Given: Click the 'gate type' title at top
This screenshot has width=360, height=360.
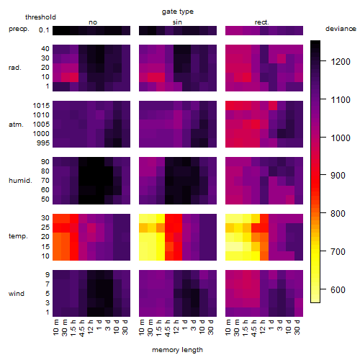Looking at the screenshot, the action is [178, 12].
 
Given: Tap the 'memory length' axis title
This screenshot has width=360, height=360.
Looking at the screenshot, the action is [177, 350].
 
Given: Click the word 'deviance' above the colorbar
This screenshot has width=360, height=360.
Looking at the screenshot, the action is [341, 29].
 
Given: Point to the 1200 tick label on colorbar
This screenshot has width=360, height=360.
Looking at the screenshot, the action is [341, 62].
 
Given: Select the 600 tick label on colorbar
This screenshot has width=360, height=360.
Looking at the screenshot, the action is [338, 290].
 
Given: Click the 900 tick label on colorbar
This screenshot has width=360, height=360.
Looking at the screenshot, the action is [338, 176].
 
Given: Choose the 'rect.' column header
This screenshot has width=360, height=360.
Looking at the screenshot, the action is [262, 22].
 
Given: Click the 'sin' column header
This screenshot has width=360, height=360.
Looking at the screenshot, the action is [177, 22].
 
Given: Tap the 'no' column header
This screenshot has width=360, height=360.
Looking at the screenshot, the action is [93, 22].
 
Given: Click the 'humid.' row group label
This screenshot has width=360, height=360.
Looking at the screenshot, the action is [20, 181].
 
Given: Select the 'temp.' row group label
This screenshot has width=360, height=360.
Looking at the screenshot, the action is [18, 236].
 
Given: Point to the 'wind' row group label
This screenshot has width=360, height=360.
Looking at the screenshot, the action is [17, 294].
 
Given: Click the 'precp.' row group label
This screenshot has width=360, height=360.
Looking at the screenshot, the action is [19, 29].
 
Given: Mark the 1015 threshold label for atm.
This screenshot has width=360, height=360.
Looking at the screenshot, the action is [41, 106].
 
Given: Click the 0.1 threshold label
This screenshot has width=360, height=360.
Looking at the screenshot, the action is [44, 30].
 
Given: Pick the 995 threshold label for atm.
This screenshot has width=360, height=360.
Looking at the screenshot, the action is [43, 143].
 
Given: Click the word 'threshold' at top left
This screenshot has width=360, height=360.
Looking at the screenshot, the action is [40, 17].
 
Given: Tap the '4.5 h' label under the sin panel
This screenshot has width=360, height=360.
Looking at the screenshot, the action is [168, 328].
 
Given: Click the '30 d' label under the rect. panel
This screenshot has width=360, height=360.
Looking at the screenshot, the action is [297, 327].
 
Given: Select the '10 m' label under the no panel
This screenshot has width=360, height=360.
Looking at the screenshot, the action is [55, 327].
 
